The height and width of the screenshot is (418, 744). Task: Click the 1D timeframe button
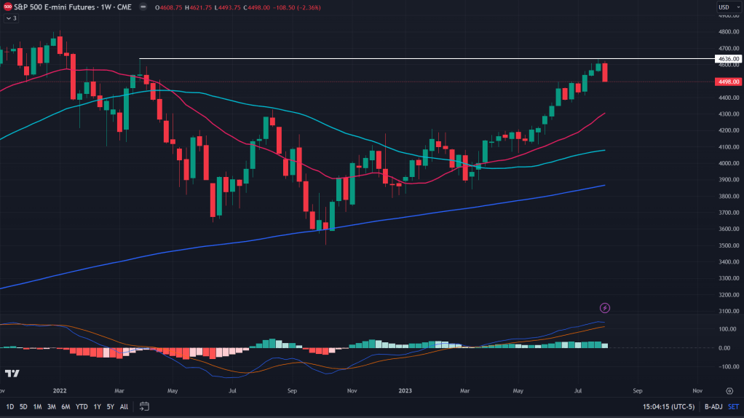tap(10, 406)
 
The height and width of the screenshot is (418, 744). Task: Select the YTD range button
tap(82, 406)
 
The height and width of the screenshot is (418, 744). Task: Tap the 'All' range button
tap(124, 406)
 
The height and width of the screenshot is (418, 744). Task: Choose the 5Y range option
tap(110, 406)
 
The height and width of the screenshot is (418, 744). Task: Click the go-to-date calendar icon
tap(144, 406)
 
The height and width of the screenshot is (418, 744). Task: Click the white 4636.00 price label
tap(729, 58)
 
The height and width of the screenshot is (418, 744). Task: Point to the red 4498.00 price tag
tap(729, 82)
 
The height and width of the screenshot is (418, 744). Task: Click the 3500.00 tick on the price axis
tap(729, 245)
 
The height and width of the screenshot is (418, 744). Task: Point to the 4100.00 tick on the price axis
tap(729, 146)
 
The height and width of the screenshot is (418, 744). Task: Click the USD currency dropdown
tap(725, 7)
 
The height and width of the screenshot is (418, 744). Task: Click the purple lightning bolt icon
tap(604, 308)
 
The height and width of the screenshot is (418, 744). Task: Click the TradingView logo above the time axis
tap(12, 374)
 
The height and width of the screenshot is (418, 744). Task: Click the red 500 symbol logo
tap(8, 7)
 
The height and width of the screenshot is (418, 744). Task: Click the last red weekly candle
tap(605, 72)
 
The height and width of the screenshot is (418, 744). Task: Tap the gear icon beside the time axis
tap(729, 390)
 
